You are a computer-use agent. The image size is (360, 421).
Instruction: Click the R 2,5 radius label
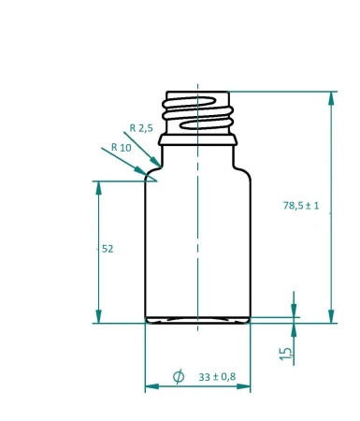click(141, 127)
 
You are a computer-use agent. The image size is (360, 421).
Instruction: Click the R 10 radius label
click(121, 147)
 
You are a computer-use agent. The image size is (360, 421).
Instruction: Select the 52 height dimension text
click(107, 249)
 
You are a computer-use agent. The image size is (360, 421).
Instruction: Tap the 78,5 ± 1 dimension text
click(301, 206)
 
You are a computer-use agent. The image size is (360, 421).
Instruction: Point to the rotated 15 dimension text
click(286, 354)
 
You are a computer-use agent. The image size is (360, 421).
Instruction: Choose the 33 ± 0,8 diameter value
click(218, 377)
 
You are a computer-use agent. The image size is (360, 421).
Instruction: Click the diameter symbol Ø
click(179, 377)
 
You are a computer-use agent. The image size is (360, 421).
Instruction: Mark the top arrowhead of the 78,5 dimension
click(330, 97)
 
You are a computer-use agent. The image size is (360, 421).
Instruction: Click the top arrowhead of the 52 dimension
click(98, 187)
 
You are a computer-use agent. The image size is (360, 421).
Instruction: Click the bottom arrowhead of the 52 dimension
click(98, 317)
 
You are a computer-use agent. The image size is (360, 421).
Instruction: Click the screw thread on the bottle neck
click(197, 112)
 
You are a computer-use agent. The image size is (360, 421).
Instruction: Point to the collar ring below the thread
click(197, 139)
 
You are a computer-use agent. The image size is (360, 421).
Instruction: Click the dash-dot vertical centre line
click(198, 234)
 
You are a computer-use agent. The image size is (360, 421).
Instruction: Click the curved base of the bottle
click(197, 320)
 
